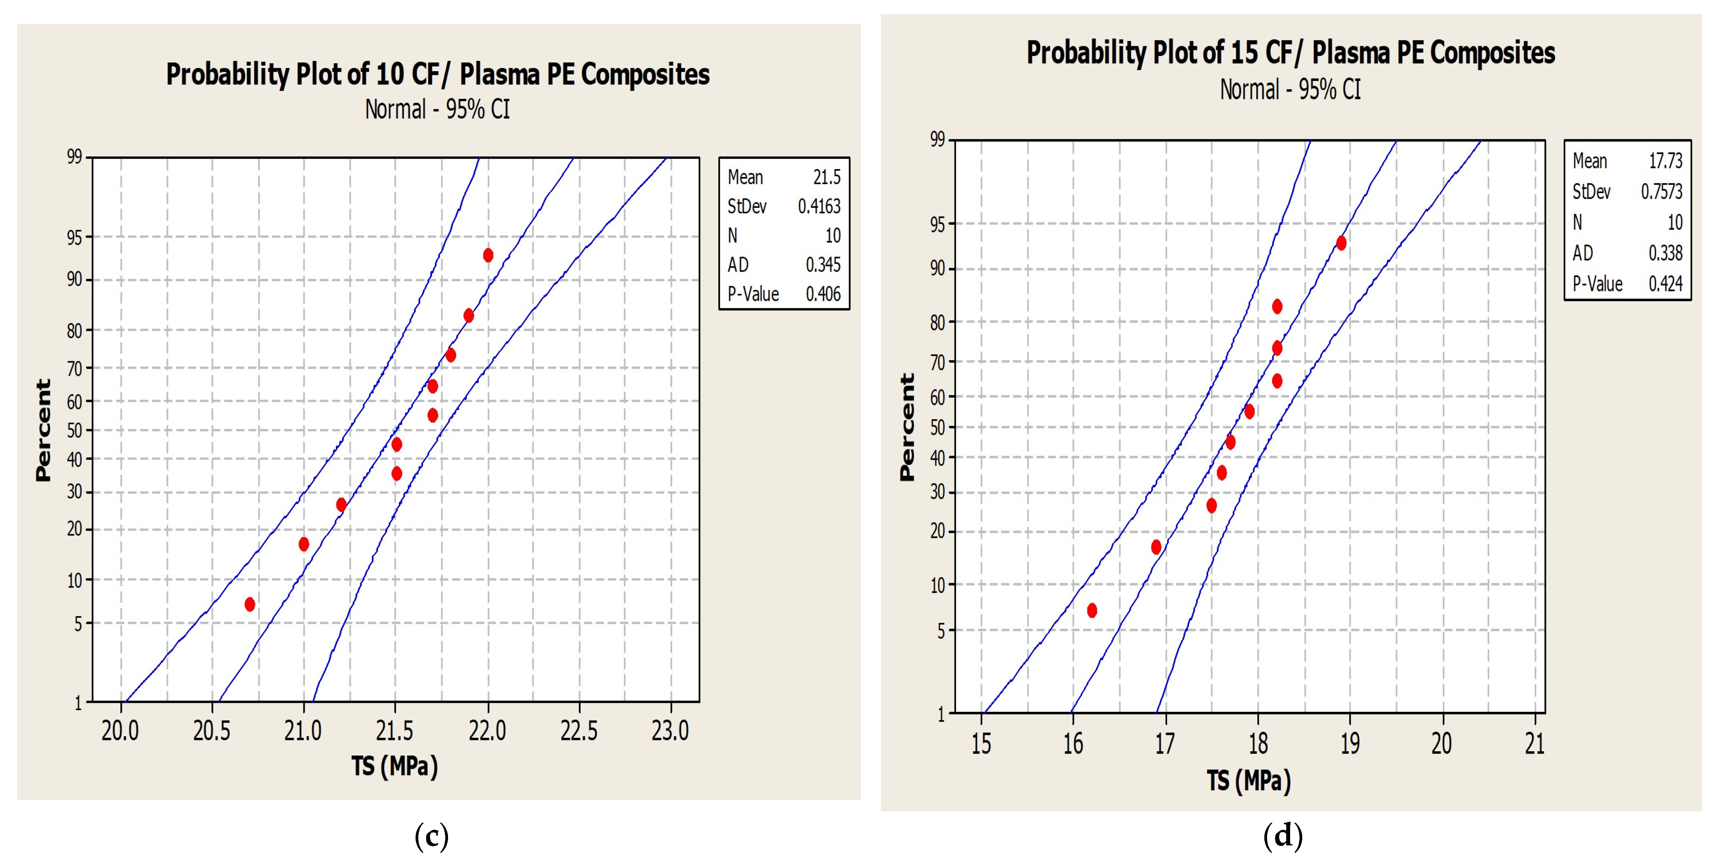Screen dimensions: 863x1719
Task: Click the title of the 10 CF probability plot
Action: (438, 74)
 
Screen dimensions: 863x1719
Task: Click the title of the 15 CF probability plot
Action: (1291, 53)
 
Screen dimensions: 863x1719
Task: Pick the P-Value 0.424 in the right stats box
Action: (1665, 284)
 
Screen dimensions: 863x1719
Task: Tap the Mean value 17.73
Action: (1665, 161)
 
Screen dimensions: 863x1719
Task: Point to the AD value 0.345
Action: (823, 265)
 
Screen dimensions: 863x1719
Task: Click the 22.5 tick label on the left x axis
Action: (578, 731)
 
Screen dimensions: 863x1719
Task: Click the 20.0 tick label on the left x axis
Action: (120, 731)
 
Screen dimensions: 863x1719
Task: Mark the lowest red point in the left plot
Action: (250, 604)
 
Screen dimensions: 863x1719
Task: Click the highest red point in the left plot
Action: (488, 255)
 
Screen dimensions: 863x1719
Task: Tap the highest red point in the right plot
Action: (1341, 243)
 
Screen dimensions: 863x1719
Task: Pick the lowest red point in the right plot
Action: (1092, 610)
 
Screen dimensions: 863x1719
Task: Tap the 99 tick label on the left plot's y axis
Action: (74, 157)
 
